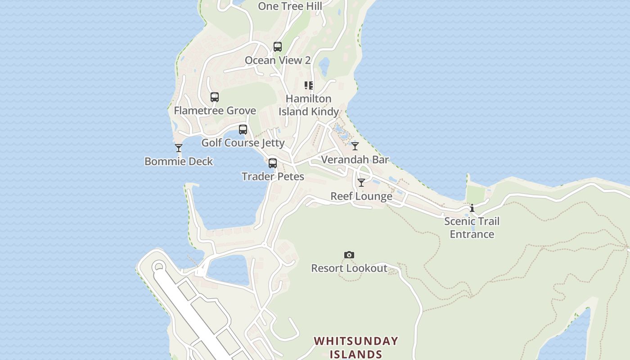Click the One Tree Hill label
[x=290, y=6]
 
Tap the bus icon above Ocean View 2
[x=278, y=47]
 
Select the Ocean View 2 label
[x=278, y=60]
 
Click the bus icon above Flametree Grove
[x=215, y=97]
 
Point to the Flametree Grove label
[x=215, y=111]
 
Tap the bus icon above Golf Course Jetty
[x=243, y=130]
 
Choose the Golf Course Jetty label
[x=243, y=143]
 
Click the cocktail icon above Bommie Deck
[x=179, y=148]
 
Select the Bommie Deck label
[x=179, y=162]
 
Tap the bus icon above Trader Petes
[x=273, y=163]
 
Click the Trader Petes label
[x=273, y=177]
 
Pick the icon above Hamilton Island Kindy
[x=309, y=85]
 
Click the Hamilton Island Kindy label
[x=309, y=105]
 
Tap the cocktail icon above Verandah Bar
[x=355, y=146]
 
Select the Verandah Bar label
[x=355, y=160]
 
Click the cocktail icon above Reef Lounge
[x=361, y=183]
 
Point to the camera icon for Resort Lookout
[x=349, y=255]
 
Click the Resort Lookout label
[x=349, y=269]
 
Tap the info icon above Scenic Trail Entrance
[x=472, y=208]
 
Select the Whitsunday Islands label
[x=356, y=347]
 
